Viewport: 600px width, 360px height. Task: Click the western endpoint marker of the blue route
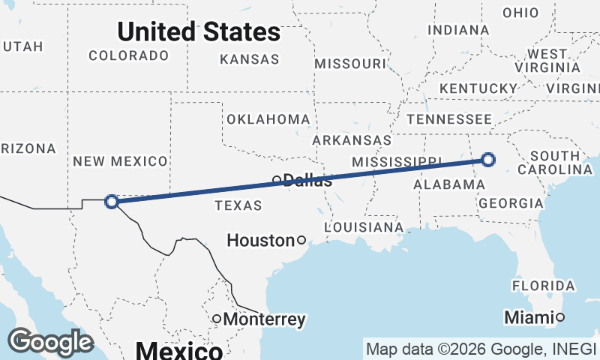(112, 201)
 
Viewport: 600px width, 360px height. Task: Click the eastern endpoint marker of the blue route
(488, 159)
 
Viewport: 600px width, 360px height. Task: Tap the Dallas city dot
(277, 179)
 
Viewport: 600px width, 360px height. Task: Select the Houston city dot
(301, 240)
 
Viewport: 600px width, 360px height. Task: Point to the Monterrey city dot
(217, 319)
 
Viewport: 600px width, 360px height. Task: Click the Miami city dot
(559, 317)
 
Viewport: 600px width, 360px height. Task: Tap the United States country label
(199, 31)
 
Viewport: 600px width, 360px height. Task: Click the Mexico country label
(178, 350)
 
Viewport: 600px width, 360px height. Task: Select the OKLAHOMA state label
(268, 119)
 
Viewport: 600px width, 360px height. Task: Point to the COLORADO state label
(128, 55)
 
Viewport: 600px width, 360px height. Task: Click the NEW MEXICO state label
(119, 161)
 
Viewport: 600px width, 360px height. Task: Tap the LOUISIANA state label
(364, 226)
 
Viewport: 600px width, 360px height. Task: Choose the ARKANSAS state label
(352, 140)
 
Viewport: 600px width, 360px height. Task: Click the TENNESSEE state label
(449, 119)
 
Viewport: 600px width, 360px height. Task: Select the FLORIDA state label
(544, 286)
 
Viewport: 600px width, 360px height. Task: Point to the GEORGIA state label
(511, 203)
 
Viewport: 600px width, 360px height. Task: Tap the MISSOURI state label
(349, 64)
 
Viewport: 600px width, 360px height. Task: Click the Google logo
(51, 342)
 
